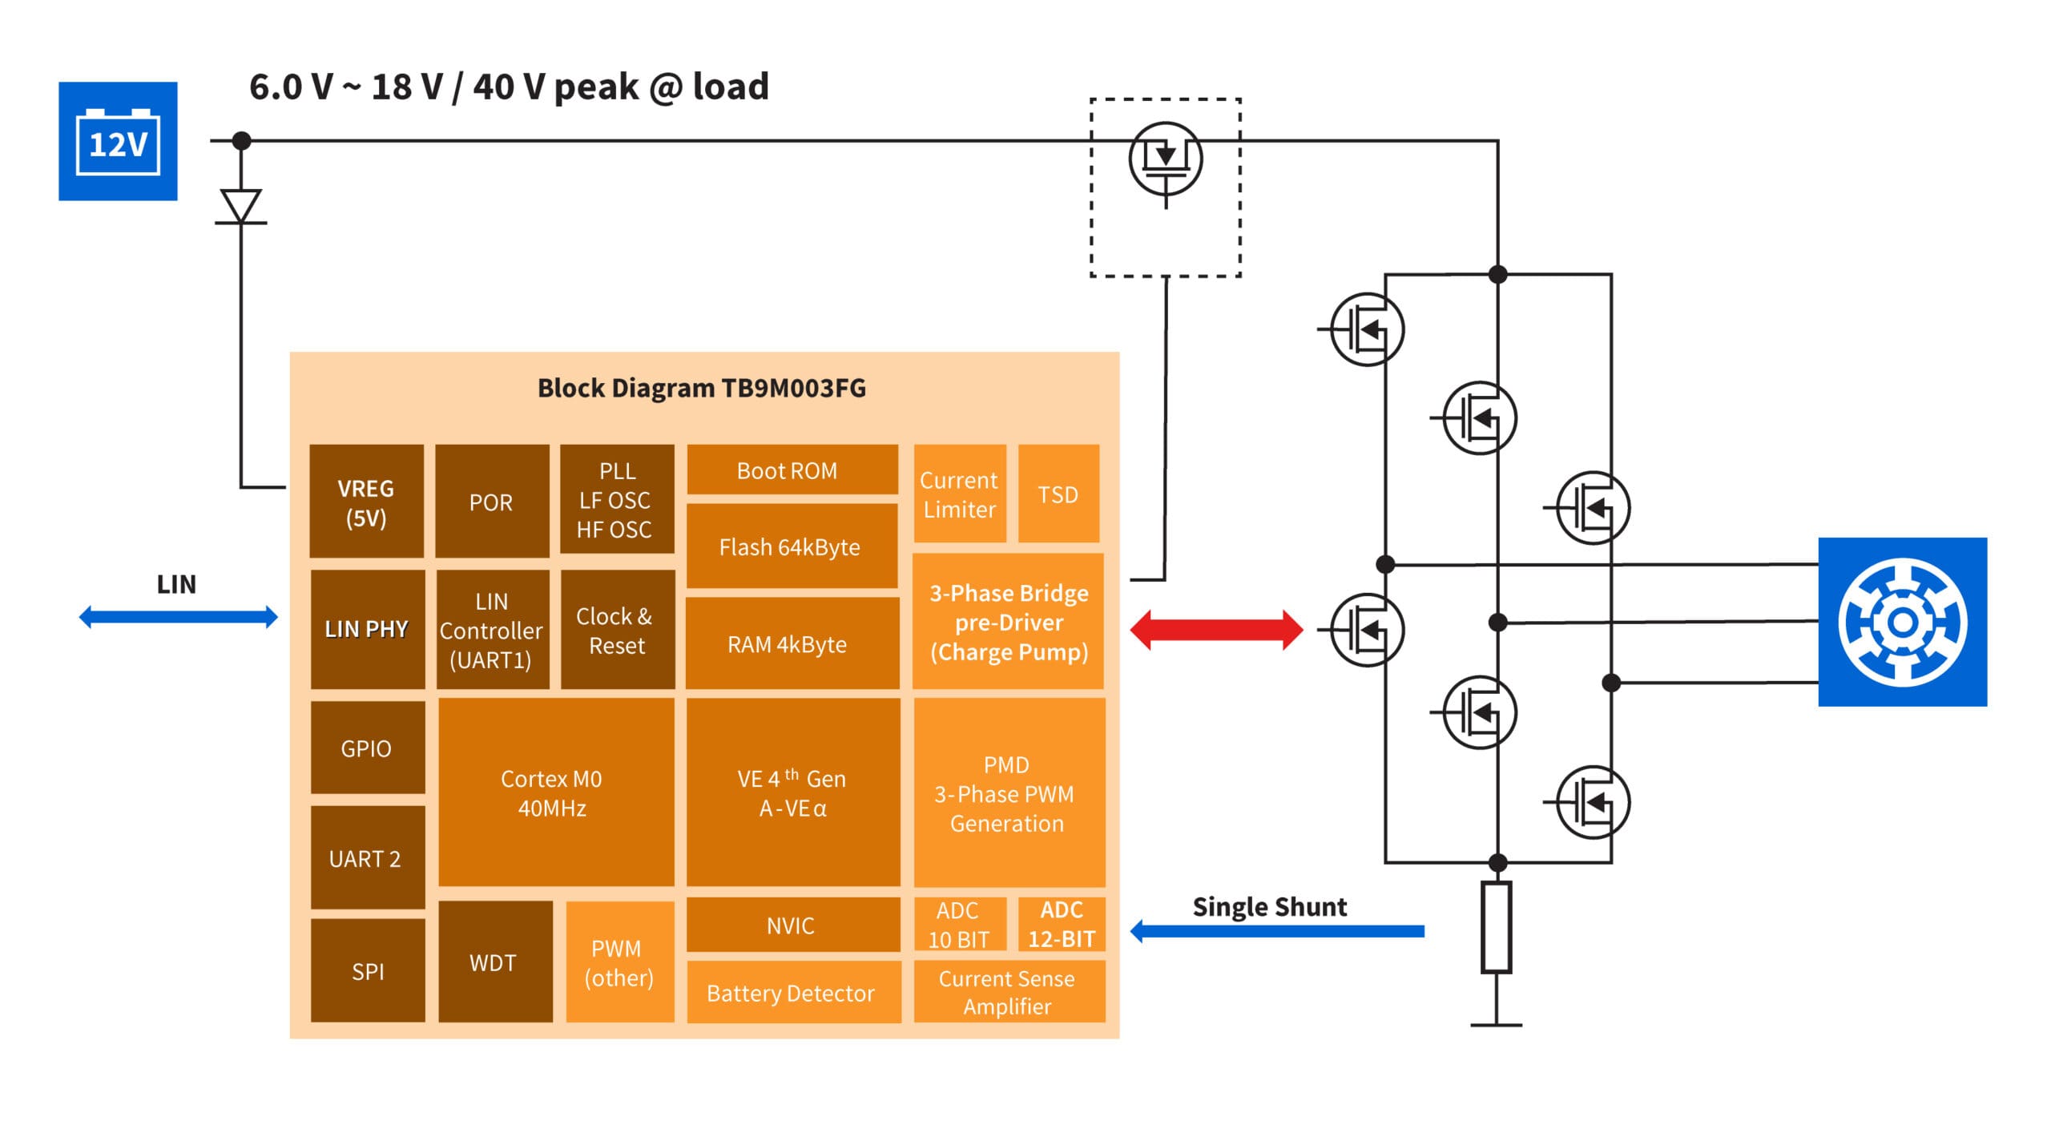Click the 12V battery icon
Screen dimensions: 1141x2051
click(118, 141)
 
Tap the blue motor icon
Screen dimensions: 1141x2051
click(1901, 622)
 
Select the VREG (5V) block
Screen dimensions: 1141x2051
click(366, 502)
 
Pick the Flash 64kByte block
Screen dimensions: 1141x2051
click(791, 546)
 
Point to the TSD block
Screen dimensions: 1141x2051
click(1058, 494)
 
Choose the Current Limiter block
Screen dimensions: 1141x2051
click(959, 494)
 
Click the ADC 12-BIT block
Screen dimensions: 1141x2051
click(1061, 924)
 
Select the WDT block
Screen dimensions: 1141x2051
click(494, 962)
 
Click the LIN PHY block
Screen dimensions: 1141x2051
click(367, 629)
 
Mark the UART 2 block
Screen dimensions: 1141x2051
click(367, 858)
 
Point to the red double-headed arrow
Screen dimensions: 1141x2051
click(1215, 630)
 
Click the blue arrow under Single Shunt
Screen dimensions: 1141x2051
click(1277, 931)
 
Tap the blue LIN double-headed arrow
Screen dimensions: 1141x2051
click(178, 617)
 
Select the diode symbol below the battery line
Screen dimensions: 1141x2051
click(240, 206)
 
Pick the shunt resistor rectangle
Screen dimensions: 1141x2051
click(1496, 927)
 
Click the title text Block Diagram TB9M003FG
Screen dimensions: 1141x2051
click(701, 388)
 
